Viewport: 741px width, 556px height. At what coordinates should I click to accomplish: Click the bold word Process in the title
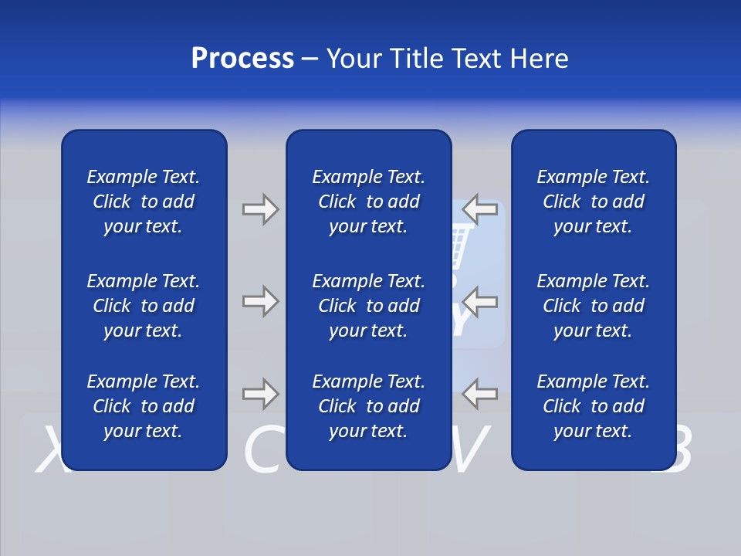(x=242, y=59)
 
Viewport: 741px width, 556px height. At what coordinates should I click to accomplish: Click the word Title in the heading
(x=418, y=59)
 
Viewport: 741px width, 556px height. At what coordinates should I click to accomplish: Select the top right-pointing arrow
(x=260, y=209)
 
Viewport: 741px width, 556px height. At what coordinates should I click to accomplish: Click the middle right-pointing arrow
(x=260, y=301)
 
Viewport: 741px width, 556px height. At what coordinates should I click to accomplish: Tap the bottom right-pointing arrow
(x=260, y=394)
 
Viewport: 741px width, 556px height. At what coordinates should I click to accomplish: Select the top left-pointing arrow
(x=481, y=209)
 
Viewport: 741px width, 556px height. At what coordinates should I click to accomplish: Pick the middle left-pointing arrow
(x=481, y=301)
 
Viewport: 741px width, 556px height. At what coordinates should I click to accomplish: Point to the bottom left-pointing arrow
(x=481, y=394)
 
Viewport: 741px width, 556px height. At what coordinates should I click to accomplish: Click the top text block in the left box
(x=144, y=202)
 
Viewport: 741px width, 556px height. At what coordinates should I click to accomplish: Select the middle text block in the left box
(x=144, y=306)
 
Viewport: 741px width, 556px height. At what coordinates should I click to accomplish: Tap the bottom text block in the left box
(x=144, y=406)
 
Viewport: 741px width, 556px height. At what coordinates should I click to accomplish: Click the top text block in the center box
(x=368, y=202)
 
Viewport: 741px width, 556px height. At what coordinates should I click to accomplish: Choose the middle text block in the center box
(x=368, y=306)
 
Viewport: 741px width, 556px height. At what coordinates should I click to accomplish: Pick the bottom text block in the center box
(x=368, y=406)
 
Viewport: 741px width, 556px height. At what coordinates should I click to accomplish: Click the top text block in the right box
(x=593, y=202)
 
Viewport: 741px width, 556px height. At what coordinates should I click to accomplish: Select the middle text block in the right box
(x=593, y=306)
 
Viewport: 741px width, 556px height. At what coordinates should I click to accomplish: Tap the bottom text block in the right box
(x=593, y=406)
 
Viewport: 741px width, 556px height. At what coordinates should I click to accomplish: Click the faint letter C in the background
(x=262, y=452)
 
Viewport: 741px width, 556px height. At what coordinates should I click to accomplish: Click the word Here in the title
(x=538, y=59)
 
